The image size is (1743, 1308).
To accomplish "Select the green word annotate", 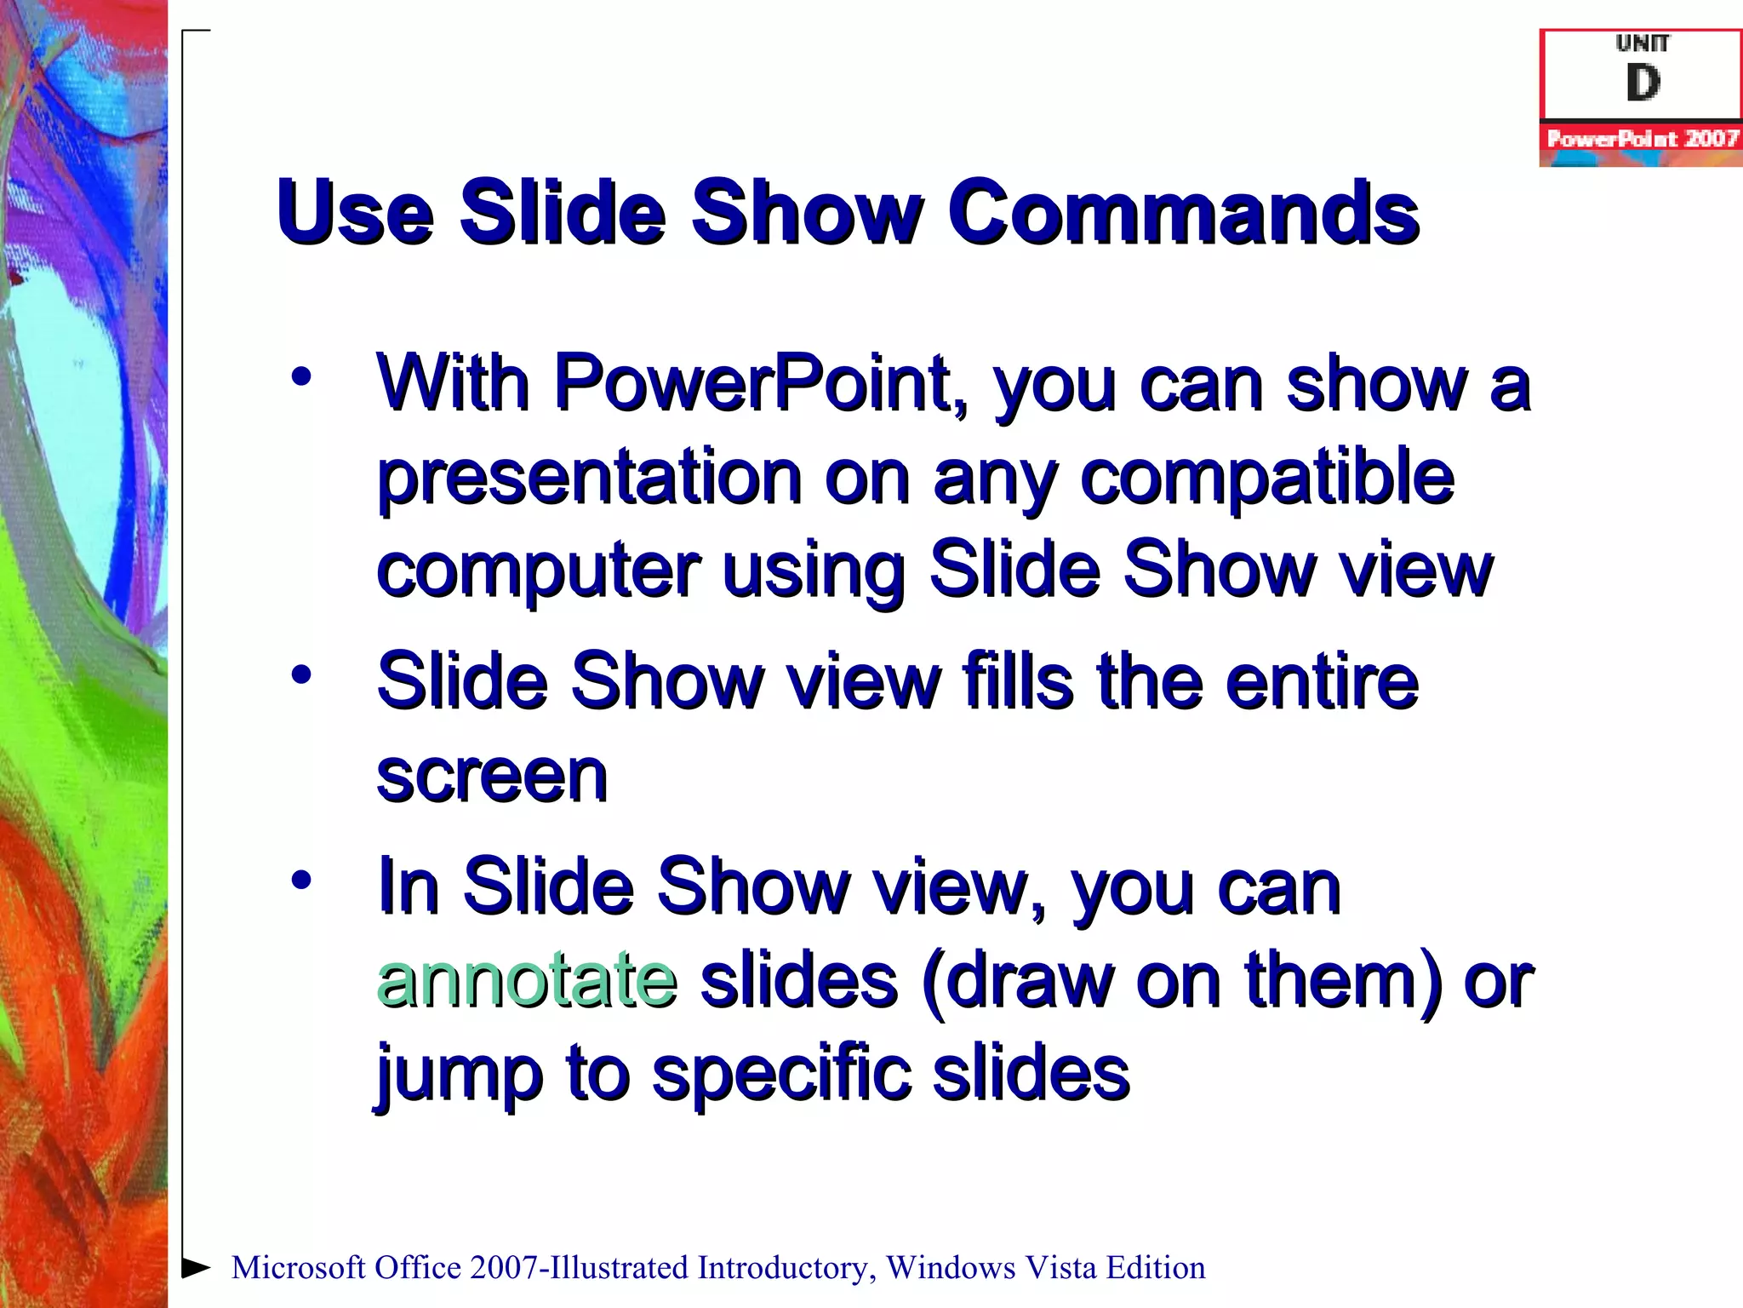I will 527,979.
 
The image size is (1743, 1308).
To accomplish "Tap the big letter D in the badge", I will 1643,83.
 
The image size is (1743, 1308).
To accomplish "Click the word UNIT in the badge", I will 1643,43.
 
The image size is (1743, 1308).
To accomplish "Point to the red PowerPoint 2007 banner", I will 1641,138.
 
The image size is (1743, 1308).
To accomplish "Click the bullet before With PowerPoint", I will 301,376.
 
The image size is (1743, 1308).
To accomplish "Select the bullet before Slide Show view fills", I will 301,674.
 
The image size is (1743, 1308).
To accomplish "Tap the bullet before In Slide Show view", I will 301,879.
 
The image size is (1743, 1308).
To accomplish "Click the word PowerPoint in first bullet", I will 760,383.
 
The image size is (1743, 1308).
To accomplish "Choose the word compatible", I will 1267,477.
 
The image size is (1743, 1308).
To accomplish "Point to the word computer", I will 538,571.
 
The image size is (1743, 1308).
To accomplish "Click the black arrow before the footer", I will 197,1267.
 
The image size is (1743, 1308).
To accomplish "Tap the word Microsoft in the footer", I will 299,1268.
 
